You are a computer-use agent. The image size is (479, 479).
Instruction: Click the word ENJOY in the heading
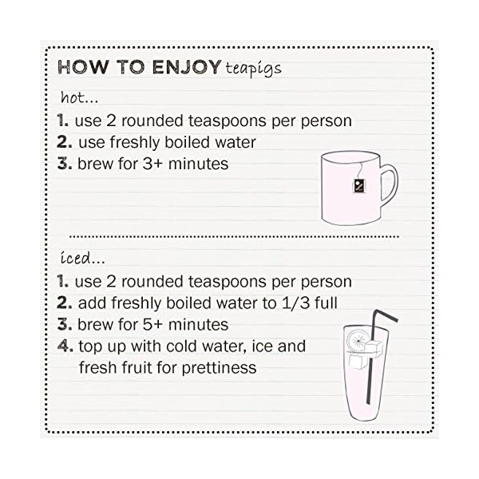tap(184, 67)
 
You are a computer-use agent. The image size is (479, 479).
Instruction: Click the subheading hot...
tap(79, 97)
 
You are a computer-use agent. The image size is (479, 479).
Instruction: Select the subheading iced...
tap(82, 259)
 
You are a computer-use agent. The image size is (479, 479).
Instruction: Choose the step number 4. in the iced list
tap(65, 346)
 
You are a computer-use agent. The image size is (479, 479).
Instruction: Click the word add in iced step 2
tap(91, 303)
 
